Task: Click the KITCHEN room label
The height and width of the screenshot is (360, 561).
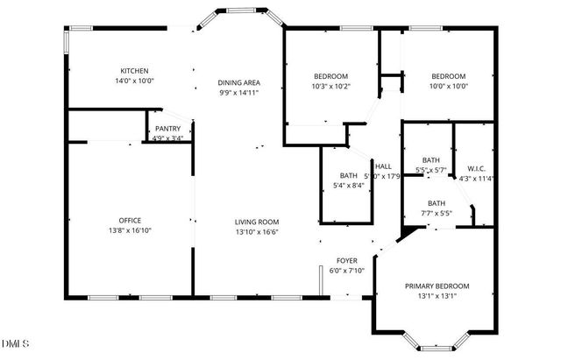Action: click(134, 70)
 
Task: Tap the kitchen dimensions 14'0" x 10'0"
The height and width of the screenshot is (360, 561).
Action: click(134, 81)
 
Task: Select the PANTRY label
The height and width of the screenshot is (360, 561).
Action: click(167, 128)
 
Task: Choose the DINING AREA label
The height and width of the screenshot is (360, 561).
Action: click(239, 83)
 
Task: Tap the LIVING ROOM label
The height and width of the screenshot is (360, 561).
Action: click(256, 222)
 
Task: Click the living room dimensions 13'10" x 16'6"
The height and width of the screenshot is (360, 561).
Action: click(256, 232)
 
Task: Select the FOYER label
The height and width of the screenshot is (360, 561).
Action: click(347, 261)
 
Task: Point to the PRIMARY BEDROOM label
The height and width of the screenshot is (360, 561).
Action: click(437, 286)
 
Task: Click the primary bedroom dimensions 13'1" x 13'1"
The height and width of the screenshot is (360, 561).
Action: click(437, 296)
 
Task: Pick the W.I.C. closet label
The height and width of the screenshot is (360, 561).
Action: click(476, 168)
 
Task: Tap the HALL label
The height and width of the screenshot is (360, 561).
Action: click(383, 166)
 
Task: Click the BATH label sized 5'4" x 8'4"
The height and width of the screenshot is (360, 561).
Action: click(349, 175)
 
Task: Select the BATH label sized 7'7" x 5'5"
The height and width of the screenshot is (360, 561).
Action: click(437, 203)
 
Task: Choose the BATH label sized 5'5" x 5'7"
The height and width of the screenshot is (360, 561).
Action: click(431, 159)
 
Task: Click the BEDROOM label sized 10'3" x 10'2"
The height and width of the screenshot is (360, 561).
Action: click(331, 76)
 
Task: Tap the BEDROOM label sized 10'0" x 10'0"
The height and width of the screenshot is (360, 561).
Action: click(447, 76)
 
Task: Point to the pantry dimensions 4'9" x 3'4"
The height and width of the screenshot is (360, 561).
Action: click(167, 138)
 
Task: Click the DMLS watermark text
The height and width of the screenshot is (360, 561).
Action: click(16, 342)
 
